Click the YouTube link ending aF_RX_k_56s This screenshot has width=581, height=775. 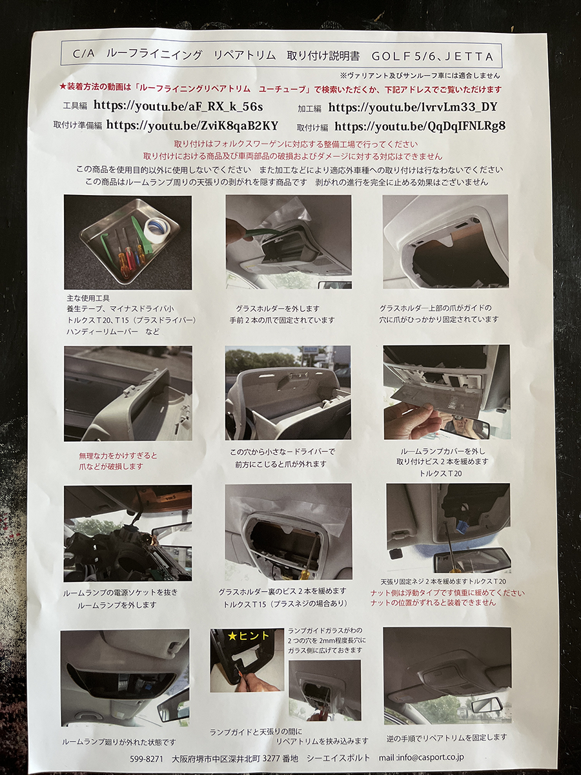click(x=178, y=106)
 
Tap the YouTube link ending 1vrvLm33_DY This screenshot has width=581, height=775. click(x=413, y=107)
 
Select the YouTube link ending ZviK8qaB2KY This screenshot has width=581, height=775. click(x=192, y=125)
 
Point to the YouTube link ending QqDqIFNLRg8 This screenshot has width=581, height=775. click(x=420, y=126)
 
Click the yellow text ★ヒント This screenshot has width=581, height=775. click(x=249, y=636)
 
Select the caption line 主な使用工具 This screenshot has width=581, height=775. click(x=88, y=298)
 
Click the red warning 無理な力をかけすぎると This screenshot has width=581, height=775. click(x=118, y=455)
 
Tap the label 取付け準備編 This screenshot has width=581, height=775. click(x=77, y=126)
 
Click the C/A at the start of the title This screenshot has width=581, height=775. click(x=84, y=55)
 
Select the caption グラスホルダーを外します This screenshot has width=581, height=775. click(x=278, y=309)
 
